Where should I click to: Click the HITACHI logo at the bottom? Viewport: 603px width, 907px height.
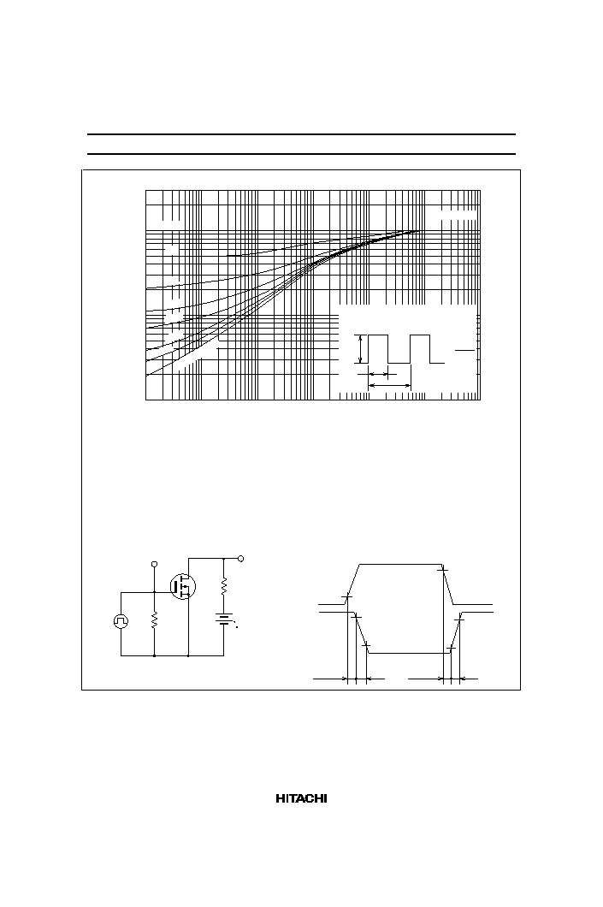[301, 799]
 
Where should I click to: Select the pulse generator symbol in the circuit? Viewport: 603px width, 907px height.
[121, 621]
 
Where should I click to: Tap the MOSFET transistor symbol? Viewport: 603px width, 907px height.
[183, 586]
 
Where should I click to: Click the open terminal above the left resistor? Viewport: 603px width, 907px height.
[154, 563]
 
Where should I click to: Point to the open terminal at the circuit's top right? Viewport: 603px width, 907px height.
[241, 558]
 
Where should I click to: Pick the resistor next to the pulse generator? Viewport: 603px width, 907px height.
[154, 620]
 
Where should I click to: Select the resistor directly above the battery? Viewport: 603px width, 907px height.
[224, 586]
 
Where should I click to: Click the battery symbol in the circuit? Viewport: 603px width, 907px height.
[224, 619]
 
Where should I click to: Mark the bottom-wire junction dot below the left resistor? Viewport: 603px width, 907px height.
[154, 656]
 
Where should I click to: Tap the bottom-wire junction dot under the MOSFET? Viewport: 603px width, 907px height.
[189, 656]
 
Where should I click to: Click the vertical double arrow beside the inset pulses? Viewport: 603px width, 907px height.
[361, 349]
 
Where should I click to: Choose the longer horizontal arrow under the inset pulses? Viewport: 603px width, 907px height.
[390, 385]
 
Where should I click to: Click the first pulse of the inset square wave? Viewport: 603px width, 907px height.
[378, 349]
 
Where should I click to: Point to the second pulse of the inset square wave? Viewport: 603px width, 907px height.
[420, 349]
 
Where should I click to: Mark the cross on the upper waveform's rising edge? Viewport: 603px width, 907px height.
[347, 596]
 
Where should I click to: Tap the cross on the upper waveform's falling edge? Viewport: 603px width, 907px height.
[443, 571]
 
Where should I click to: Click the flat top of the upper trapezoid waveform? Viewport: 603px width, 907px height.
[400, 563]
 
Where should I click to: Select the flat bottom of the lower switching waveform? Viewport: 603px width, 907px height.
[410, 653]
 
